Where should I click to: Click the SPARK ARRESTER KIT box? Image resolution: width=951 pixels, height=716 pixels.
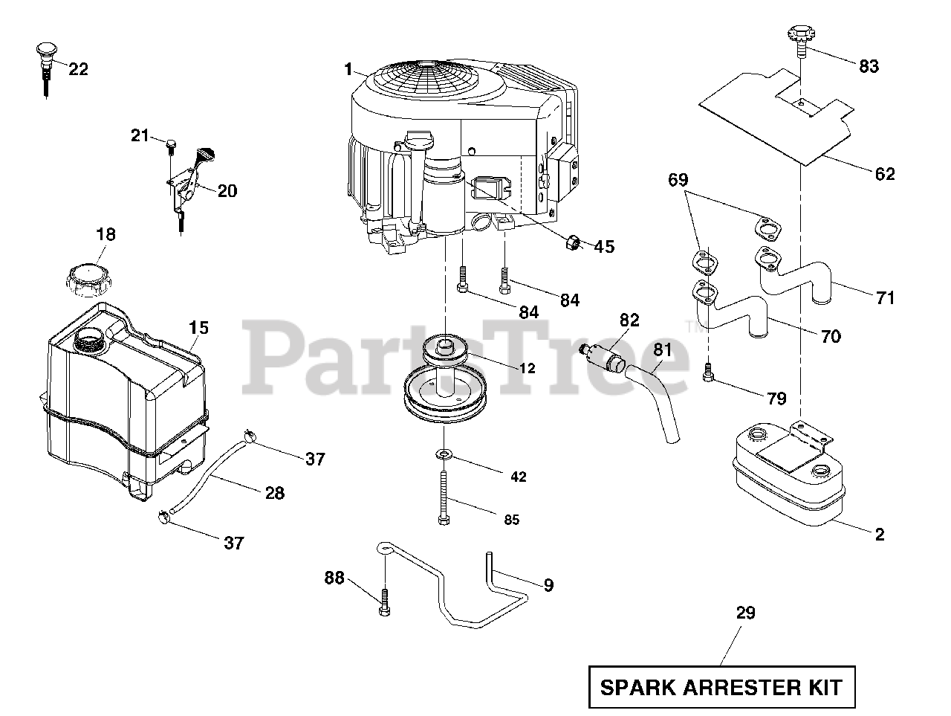[x=721, y=686]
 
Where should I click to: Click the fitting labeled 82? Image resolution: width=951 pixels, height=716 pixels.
[x=605, y=356]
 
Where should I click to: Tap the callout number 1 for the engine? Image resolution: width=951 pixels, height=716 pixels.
[x=348, y=69]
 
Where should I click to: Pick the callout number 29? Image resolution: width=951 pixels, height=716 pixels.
[x=745, y=613]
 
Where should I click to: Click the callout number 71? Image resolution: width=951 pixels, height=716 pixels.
[x=885, y=298]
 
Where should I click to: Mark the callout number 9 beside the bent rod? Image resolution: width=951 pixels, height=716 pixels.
[x=548, y=585]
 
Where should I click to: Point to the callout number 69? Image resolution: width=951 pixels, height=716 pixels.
[x=678, y=179]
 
